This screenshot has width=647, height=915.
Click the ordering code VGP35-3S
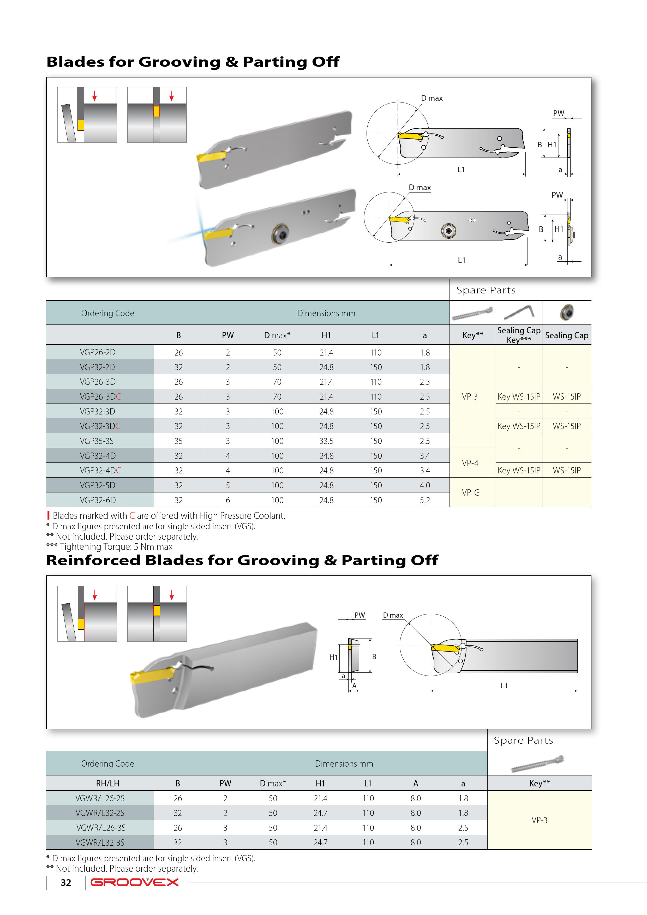[97, 441]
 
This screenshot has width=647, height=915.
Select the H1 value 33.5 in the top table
[326, 441]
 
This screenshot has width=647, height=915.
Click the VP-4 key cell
[470, 463]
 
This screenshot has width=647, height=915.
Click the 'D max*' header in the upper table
[277, 335]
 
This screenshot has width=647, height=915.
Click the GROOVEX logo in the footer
[135, 882]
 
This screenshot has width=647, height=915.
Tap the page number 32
[66, 883]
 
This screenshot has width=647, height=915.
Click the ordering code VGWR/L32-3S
[100, 842]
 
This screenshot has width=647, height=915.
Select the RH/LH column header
[108, 784]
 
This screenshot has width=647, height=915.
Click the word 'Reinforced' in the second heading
[93, 560]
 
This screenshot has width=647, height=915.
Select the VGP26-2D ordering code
[98, 352]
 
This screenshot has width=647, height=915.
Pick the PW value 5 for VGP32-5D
[228, 485]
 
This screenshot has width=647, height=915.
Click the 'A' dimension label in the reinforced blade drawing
[354, 686]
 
